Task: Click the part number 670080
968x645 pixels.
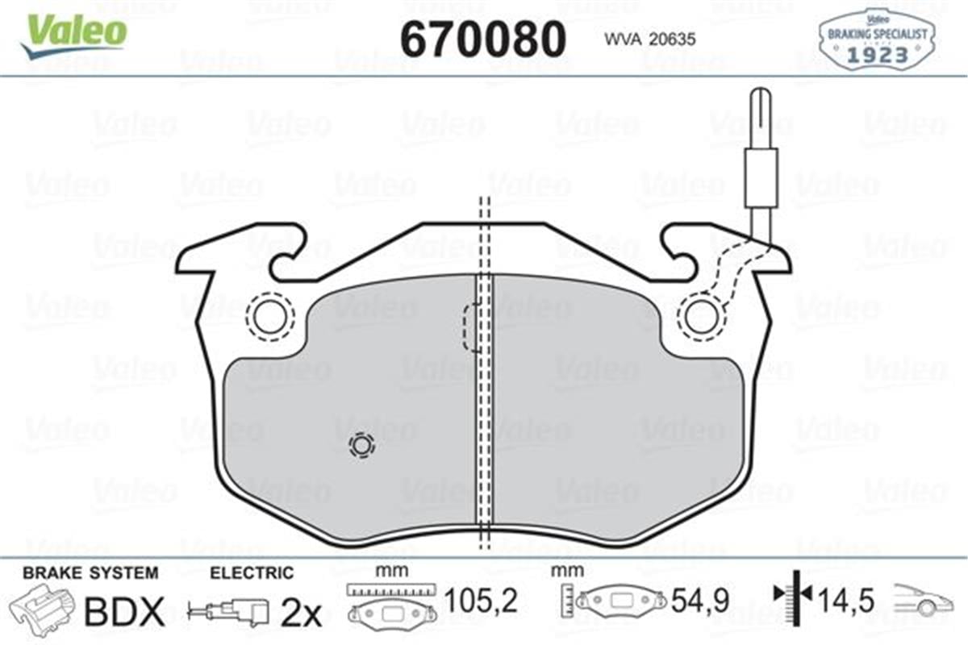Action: [x=483, y=38]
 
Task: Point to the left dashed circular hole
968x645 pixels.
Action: [x=269, y=315]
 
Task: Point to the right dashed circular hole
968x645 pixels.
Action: [x=700, y=315]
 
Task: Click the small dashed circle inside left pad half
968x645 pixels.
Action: [x=361, y=445]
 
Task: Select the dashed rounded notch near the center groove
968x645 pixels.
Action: [x=470, y=327]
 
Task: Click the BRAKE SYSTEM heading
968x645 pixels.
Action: [x=90, y=573]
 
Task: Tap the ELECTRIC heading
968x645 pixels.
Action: [x=252, y=573]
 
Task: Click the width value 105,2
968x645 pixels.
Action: [x=480, y=601]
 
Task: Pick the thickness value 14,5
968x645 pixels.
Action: [x=848, y=601]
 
